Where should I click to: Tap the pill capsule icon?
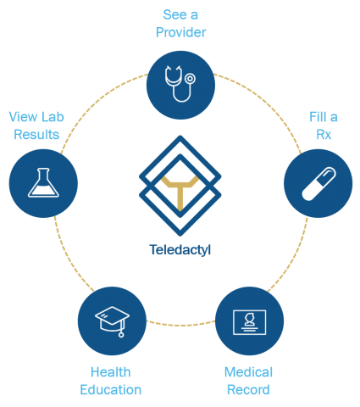click(318, 184)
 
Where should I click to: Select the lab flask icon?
click(43, 182)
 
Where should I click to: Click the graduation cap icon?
click(112, 321)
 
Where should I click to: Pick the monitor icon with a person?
click(249, 322)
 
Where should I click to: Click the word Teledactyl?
click(180, 250)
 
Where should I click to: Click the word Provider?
click(180, 32)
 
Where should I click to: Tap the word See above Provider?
click(174, 14)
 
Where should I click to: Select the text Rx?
click(324, 135)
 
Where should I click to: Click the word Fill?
click(318, 117)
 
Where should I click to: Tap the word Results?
click(36, 135)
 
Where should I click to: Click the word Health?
click(111, 372)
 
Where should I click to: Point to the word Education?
click(111, 390)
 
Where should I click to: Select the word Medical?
click(248, 372)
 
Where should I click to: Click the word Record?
click(248, 390)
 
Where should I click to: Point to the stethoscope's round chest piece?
click(191, 78)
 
